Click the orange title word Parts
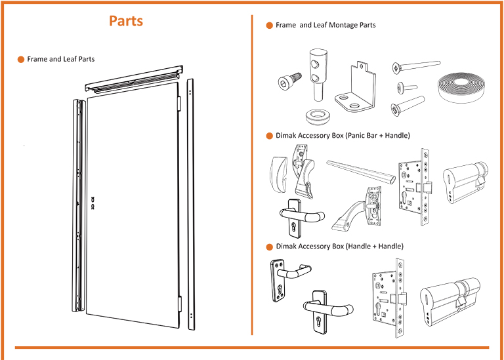(126, 21)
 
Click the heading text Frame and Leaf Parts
(60, 59)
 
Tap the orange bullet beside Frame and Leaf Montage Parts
(269, 26)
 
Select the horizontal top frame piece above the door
(134, 77)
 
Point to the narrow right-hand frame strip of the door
(190, 203)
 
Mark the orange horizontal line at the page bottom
(252, 348)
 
